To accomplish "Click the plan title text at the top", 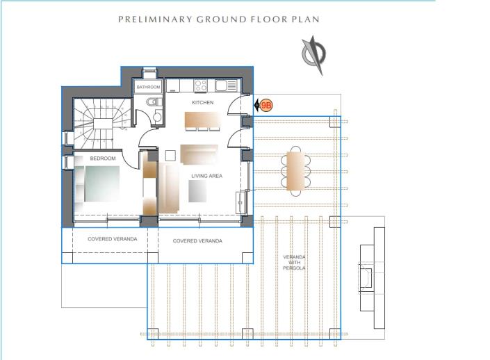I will point(218,19).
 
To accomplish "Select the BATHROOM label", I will point(148,88).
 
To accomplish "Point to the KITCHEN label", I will point(202,103).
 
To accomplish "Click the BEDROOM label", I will point(102,158).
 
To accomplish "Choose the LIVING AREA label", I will point(206,176).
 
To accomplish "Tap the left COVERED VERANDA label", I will point(112,239).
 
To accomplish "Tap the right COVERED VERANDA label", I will point(197,240).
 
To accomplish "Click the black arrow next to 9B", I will point(256,106).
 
